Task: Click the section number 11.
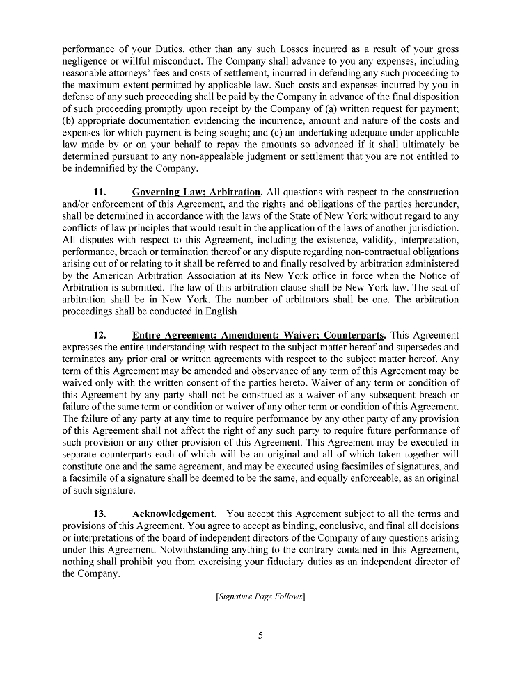coord(100,192)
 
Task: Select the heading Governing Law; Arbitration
coord(197,192)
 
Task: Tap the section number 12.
coord(100,335)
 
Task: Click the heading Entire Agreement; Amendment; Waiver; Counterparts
coord(258,335)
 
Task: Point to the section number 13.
coord(100,514)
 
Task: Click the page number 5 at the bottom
coord(260,635)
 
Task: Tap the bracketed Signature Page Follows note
coord(260,596)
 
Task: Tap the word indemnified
coord(103,168)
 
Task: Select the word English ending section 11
coord(221,311)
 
